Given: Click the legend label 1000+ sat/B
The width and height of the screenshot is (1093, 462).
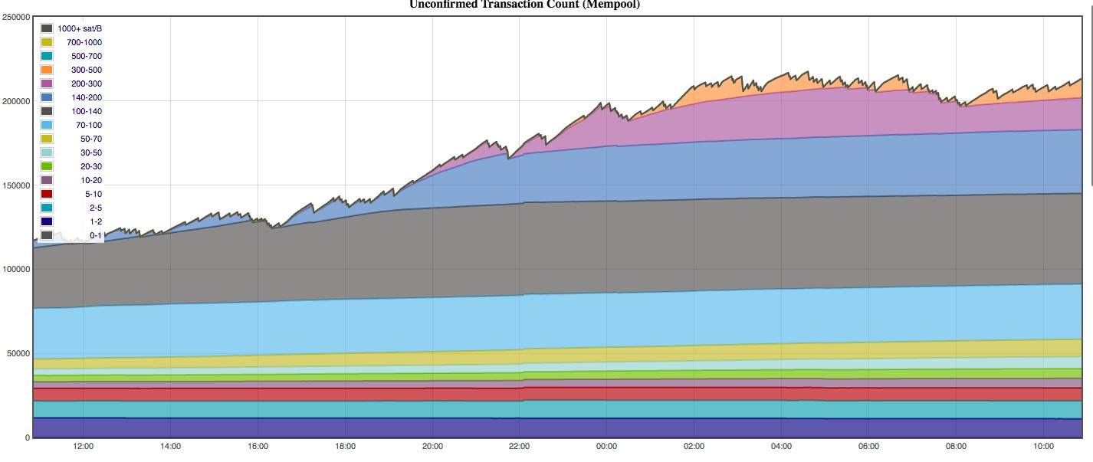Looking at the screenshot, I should point(80,28).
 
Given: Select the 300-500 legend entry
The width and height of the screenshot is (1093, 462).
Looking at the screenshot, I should point(86,70).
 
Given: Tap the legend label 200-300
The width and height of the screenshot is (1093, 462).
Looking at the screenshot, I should point(86,84).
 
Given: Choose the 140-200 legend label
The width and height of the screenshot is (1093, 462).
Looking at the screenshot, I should point(86,97).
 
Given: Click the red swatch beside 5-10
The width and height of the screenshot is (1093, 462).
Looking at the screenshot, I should point(47,194).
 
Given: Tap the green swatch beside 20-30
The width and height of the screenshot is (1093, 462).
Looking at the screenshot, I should point(47,166).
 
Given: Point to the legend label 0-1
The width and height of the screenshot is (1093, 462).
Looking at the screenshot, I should point(95,235).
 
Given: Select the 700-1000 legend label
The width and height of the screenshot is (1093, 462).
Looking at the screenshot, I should point(84,42).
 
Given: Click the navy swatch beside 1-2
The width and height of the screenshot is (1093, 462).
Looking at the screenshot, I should point(47,221).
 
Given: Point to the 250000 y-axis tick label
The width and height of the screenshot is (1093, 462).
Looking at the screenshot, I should point(15,17).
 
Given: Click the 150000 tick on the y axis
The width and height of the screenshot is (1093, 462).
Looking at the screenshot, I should point(15,185).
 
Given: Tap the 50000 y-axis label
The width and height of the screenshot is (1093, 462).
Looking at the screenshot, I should point(18,354).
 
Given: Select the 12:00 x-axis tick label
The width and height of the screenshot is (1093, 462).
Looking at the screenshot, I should point(83,446).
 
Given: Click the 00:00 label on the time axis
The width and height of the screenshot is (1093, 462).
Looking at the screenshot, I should point(606,446).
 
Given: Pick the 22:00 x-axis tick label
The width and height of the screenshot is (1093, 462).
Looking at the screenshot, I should point(519,446).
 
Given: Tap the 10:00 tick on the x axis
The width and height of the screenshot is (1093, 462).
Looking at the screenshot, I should point(1043,446).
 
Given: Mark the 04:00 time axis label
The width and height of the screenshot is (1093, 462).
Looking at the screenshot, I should point(781,446).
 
